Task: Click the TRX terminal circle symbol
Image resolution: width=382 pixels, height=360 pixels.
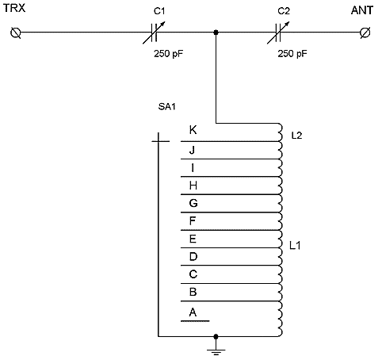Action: pos(16,33)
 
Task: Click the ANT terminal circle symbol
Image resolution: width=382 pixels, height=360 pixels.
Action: pos(365,33)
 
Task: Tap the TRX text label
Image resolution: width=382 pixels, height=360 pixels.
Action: pos(14,8)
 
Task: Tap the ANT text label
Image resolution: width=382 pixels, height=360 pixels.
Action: pos(362,10)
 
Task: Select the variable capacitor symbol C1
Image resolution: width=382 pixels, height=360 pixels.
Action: pos(155,33)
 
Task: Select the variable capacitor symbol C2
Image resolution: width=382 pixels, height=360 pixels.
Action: pos(278,33)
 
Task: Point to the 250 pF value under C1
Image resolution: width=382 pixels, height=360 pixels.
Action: pos(168,54)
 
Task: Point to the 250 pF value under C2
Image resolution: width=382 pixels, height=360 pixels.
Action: pos(292,54)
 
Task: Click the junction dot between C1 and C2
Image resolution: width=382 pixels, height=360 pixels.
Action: pos(216,33)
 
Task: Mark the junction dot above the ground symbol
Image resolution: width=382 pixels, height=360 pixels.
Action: pos(216,336)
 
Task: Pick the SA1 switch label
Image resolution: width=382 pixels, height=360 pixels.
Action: pos(167,106)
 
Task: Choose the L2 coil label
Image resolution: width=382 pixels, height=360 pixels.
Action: pos(296,136)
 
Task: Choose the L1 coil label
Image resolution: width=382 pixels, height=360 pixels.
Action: pos(295,246)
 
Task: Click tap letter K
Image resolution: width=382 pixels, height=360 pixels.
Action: pos(193,130)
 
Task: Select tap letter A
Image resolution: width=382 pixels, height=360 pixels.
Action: pos(193,312)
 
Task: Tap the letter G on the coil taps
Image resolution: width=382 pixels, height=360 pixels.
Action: pos(193,203)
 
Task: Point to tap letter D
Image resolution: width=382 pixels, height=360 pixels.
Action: pos(193,256)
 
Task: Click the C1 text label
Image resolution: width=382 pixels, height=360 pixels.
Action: pos(159,11)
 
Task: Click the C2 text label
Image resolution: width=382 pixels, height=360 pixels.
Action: pos(284,11)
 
